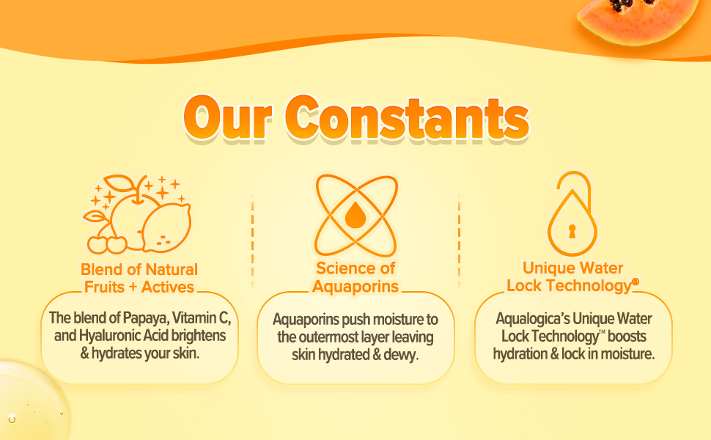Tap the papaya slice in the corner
(x=637, y=21)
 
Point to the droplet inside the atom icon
(x=355, y=215)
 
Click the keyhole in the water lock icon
(x=572, y=231)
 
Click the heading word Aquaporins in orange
(x=355, y=286)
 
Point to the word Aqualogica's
(x=532, y=319)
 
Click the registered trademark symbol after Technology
(x=636, y=282)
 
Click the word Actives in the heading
(x=168, y=287)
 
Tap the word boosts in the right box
(x=627, y=336)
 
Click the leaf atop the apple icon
(x=119, y=183)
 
